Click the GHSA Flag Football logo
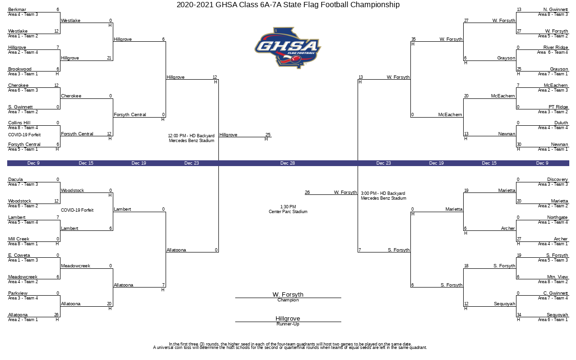(x=288, y=48)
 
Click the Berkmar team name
(x=17, y=10)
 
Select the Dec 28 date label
(x=288, y=163)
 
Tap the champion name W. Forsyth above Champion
(x=288, y=294)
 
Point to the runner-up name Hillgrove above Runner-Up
(x=288, y=318)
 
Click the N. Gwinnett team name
(x=555, y=10)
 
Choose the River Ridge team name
(x=555, y=48)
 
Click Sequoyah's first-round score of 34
(x=519, y=315)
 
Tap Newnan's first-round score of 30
(x=519, y=144)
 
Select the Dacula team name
(x=15, y=180)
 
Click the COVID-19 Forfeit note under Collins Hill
(x=24, y=135)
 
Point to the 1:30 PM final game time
(x=288, y=207)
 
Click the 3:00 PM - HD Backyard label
(x=383, y=193)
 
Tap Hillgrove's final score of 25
(x=268, y=135)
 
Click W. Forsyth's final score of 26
(x=307, y=192)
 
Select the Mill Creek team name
(x=19, y=239)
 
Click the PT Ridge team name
(x=558, y=107)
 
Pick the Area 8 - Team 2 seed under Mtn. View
(x=553, y=282)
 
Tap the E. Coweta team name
(x=19, y=255)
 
